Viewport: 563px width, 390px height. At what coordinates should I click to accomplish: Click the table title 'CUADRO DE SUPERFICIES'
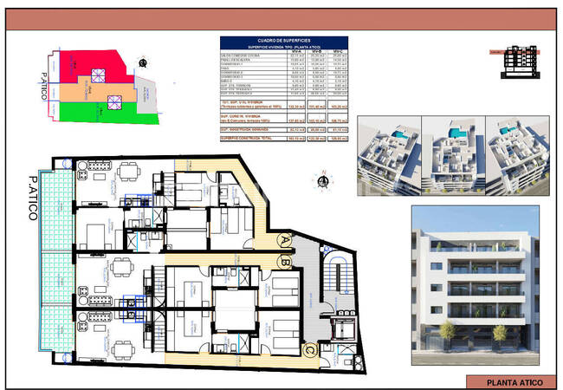[283, 39]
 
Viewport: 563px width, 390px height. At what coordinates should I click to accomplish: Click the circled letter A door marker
[283, 241]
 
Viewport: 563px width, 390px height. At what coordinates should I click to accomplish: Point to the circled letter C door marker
[309, 349]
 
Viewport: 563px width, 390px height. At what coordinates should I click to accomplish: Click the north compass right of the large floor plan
[324, 181]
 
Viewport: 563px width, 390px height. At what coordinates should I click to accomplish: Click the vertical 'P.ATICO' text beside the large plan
[32, 199]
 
